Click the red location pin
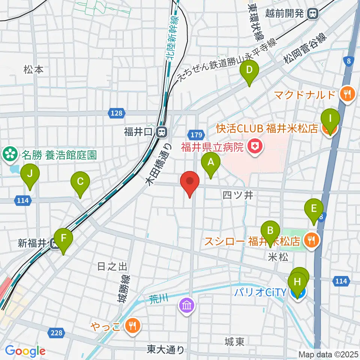click(x=190, y=182)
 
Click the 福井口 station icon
click(x=162, y=132)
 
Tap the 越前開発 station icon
click(x=312, y=14)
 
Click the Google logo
click(x=25, y=351)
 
